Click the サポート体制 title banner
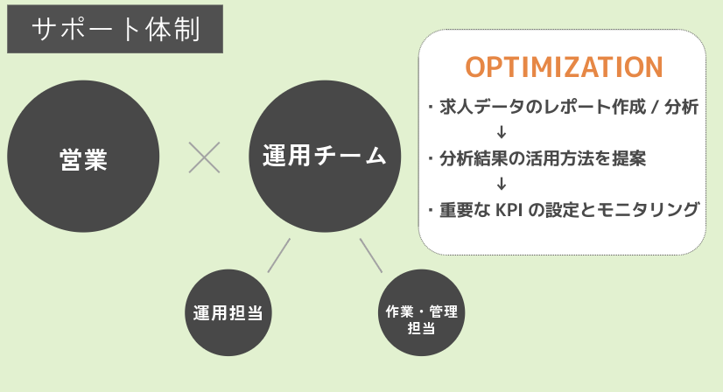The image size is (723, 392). point(115,31)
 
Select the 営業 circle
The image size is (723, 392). point(83,158)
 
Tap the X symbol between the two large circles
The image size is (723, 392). point(205,158)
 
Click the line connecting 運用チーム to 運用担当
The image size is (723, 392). point(278,254)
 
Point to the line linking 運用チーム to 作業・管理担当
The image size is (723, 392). point(371,254)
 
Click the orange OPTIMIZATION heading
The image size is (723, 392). point(563,67)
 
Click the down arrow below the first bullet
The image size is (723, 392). point(502,133)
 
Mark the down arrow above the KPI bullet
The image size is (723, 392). point(502,184)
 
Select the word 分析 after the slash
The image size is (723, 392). point(683,108)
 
